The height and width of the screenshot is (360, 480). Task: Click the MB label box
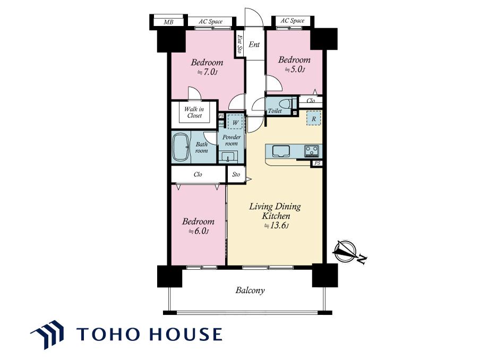coord(168,22)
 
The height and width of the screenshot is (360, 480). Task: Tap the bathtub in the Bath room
coord(181,148)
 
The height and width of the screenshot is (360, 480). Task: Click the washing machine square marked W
coord(235,122)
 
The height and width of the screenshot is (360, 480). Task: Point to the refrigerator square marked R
coord(314,118)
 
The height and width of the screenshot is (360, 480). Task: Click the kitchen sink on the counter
coord(281,151)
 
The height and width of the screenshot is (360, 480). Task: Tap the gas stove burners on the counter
coord(312,151)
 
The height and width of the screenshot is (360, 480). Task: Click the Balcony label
coord(250,290)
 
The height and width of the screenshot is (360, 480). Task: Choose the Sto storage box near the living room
coord(236,175)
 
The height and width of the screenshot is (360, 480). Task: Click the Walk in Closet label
coord(194,113)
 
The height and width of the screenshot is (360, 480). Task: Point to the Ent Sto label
coord(239,45)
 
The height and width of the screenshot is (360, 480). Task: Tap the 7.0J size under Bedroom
coord(207,73)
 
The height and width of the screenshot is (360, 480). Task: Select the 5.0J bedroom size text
coord(295,70)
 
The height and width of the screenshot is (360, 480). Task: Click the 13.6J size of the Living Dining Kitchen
coord(277,226)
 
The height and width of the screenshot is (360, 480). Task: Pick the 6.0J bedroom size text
coord(199,231)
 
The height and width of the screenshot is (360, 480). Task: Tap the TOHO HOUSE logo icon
coord(47,335)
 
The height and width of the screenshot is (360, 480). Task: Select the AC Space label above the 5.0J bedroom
coord(293,21)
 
